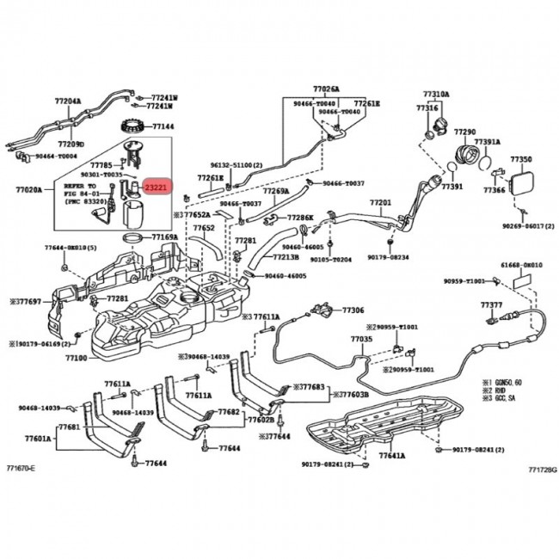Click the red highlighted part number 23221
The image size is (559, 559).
click(157, 187)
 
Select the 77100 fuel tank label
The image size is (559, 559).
click(76, 356)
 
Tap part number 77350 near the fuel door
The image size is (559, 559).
click(521, 159)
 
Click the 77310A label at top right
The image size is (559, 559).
click(435, 94)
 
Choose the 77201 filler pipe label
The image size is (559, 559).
click(380, 203)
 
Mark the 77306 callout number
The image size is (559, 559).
click(353, 310)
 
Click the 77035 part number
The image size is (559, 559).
click(361, 340)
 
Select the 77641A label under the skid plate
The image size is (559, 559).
click(391, 455)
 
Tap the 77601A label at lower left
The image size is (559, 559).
click(36, 438)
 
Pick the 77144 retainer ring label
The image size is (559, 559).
click(163, 126)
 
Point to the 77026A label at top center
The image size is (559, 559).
click(326, 89)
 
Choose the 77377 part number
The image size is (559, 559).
click(491, 305)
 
